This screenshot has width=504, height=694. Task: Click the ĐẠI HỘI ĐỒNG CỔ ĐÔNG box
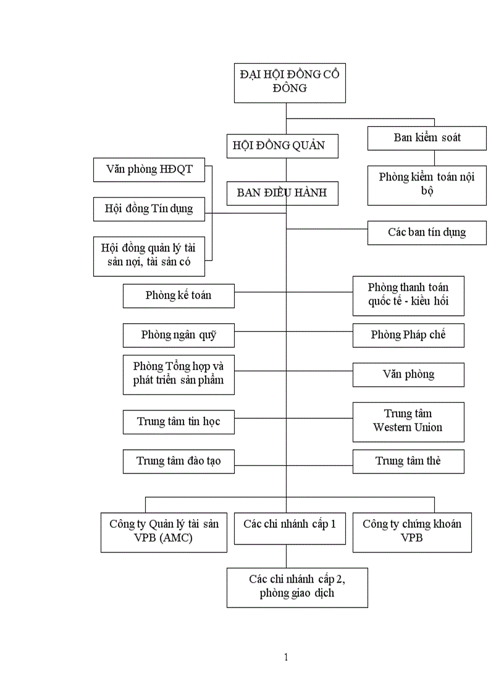(x=289, y=82)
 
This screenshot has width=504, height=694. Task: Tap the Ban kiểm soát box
(x=427, y=138)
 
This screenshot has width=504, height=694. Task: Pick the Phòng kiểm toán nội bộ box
(x=427, y=184)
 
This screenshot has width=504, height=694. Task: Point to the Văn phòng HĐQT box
(x=148, y=169)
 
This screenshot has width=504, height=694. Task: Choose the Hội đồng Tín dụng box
(x=148, y=209)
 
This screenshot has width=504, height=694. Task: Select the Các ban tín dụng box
(x=427, y=232)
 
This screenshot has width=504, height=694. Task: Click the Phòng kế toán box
(x=178, y=295)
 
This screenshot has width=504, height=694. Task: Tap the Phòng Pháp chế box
(x=408, y=335)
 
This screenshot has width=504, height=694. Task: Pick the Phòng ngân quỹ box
(x=178, y=335)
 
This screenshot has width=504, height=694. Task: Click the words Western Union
(x=408, y=428)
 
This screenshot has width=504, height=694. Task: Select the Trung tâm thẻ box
(x=408, y=461)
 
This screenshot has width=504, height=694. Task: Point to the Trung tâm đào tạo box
(x=178, y=461)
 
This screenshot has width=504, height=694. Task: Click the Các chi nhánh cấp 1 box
(x=289, y=528)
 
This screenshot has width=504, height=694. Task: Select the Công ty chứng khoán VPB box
(x=412, y=531)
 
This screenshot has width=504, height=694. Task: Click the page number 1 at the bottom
(x=286, y=658)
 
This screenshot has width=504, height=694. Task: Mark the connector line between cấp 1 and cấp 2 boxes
(x=286, y=556)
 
